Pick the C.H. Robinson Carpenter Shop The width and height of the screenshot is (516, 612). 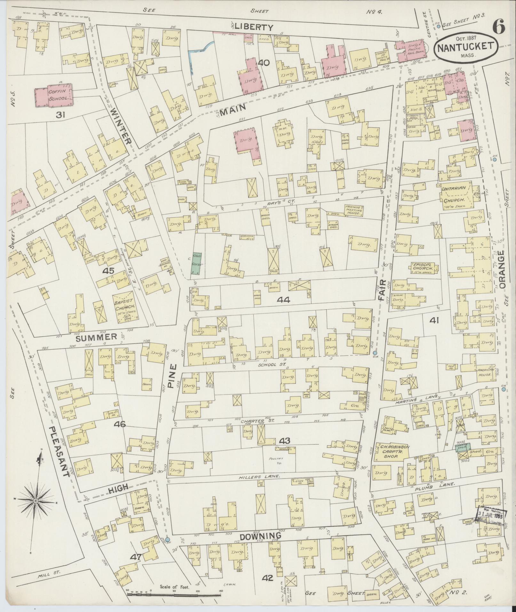pyautogui.click(x=393, y=451)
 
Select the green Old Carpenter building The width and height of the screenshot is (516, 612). pyautogui.click(x=196, y=262)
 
